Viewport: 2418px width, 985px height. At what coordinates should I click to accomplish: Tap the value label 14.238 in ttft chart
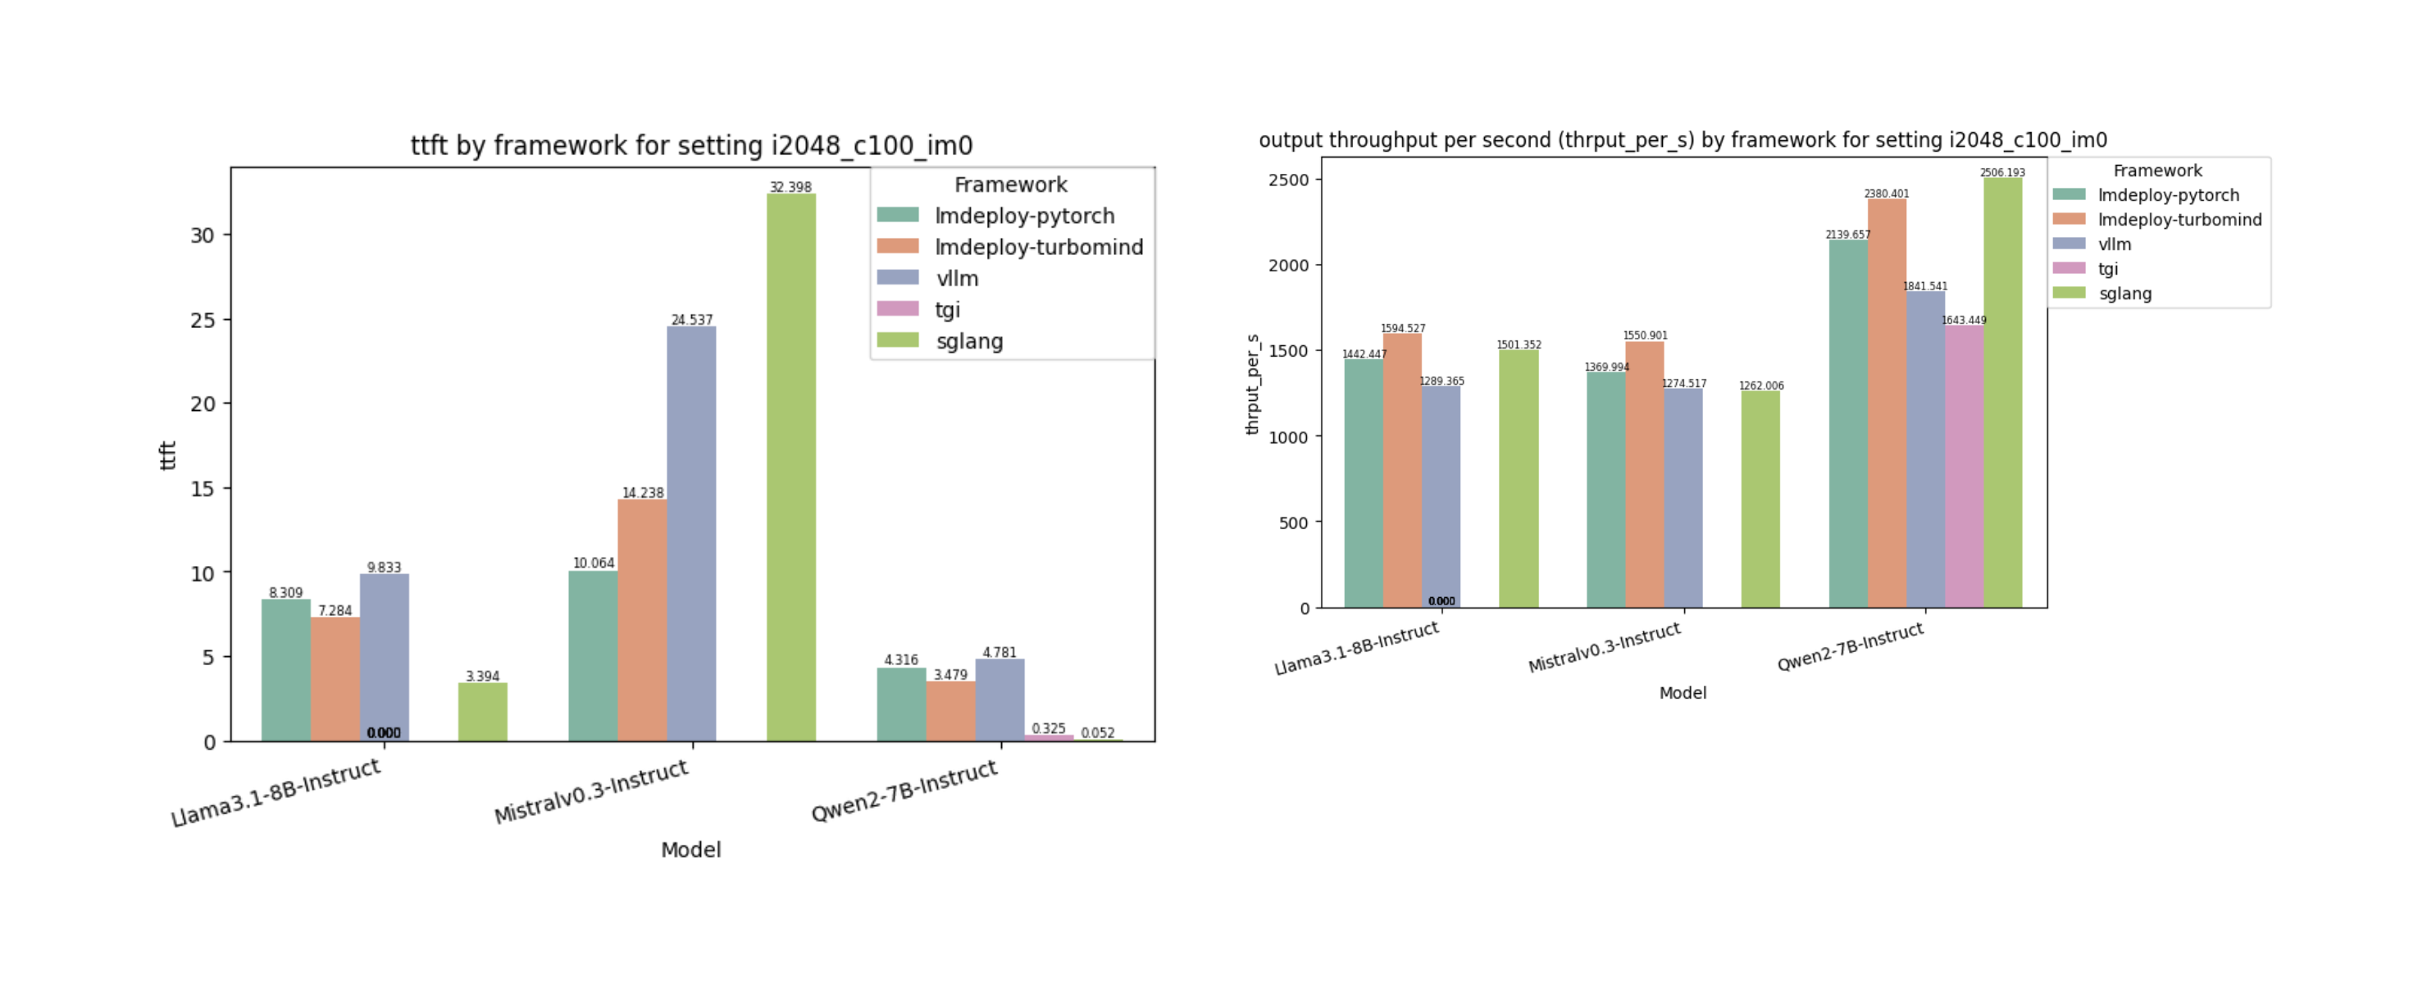(x=642, y=493)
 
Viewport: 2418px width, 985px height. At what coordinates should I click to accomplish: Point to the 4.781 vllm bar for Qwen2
(x=999, y=700)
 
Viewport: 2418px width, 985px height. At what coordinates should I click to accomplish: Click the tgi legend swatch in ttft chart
(x=897, y=309)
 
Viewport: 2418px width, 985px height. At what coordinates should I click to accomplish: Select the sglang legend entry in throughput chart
(x=2124, y=294)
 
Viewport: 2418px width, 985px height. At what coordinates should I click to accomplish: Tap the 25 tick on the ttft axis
(x=203, y=320)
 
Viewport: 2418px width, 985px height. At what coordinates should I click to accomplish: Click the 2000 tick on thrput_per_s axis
(x=1288, y=266)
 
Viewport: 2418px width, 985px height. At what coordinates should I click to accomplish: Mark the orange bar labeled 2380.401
(x=1886, y=404)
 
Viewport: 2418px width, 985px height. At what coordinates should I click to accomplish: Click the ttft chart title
(x=691, y=145)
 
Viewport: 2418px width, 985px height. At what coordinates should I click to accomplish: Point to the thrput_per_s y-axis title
(x=1252, y=385)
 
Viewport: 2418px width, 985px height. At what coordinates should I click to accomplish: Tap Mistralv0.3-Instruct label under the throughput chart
(x=1604, y=648)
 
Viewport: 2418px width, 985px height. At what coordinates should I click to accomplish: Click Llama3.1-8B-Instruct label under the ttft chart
(x=276, y=792)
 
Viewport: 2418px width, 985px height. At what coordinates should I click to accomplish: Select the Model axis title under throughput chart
(x=1682, y=693)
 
